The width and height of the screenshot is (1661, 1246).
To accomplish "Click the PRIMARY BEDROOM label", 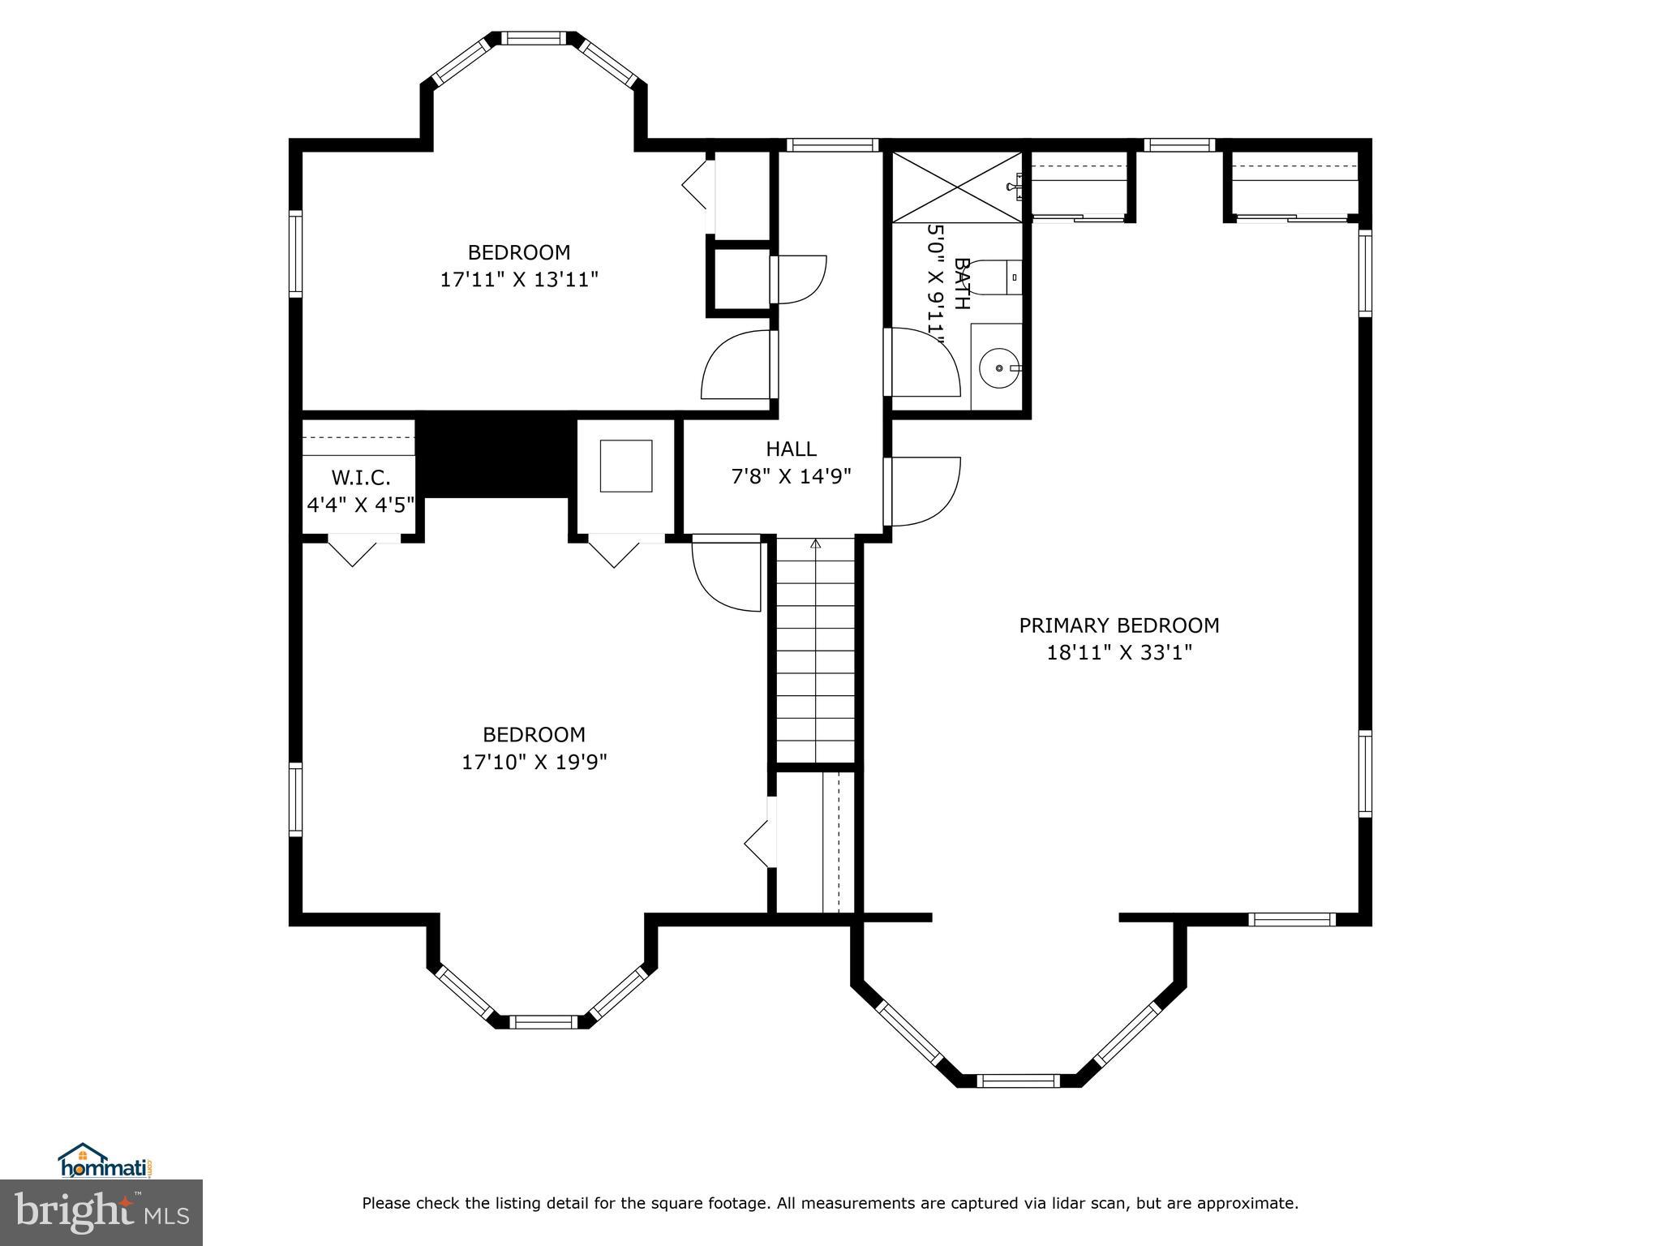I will pyautogui.click(x=1118, y=625).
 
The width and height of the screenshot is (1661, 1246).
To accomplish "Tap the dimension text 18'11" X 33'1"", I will pyautogui.click(x=1118, y=653).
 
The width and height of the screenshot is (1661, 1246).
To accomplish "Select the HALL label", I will pyautogui.click(x=791, y=449).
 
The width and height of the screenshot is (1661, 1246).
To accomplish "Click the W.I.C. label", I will pyautogui.click(x=361, y=477).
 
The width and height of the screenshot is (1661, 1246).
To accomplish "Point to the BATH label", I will pyautogui.click(x=962, y=284).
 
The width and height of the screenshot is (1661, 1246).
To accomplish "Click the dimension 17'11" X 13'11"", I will pyautogui.click(x=519, y=280).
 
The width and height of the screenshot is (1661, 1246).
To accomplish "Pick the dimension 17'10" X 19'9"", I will pyautogui.click(x=534, y=763).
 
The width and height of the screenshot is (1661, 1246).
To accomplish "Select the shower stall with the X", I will pyautogui.click(x=957, y=187).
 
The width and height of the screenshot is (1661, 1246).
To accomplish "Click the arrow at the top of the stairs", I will pyautogui.click(x=816, y=544).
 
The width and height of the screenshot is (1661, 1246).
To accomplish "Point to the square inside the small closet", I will pyautogui.click(x=625, y=466).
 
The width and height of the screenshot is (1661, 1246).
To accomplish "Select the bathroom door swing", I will pyautogui.click(x=925, y=363).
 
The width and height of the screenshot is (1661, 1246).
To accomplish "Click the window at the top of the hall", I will pyautogui.click(x=832, y=145).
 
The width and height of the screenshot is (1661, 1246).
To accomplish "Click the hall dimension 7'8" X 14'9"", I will pyautogui.click(x=791, y=476).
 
